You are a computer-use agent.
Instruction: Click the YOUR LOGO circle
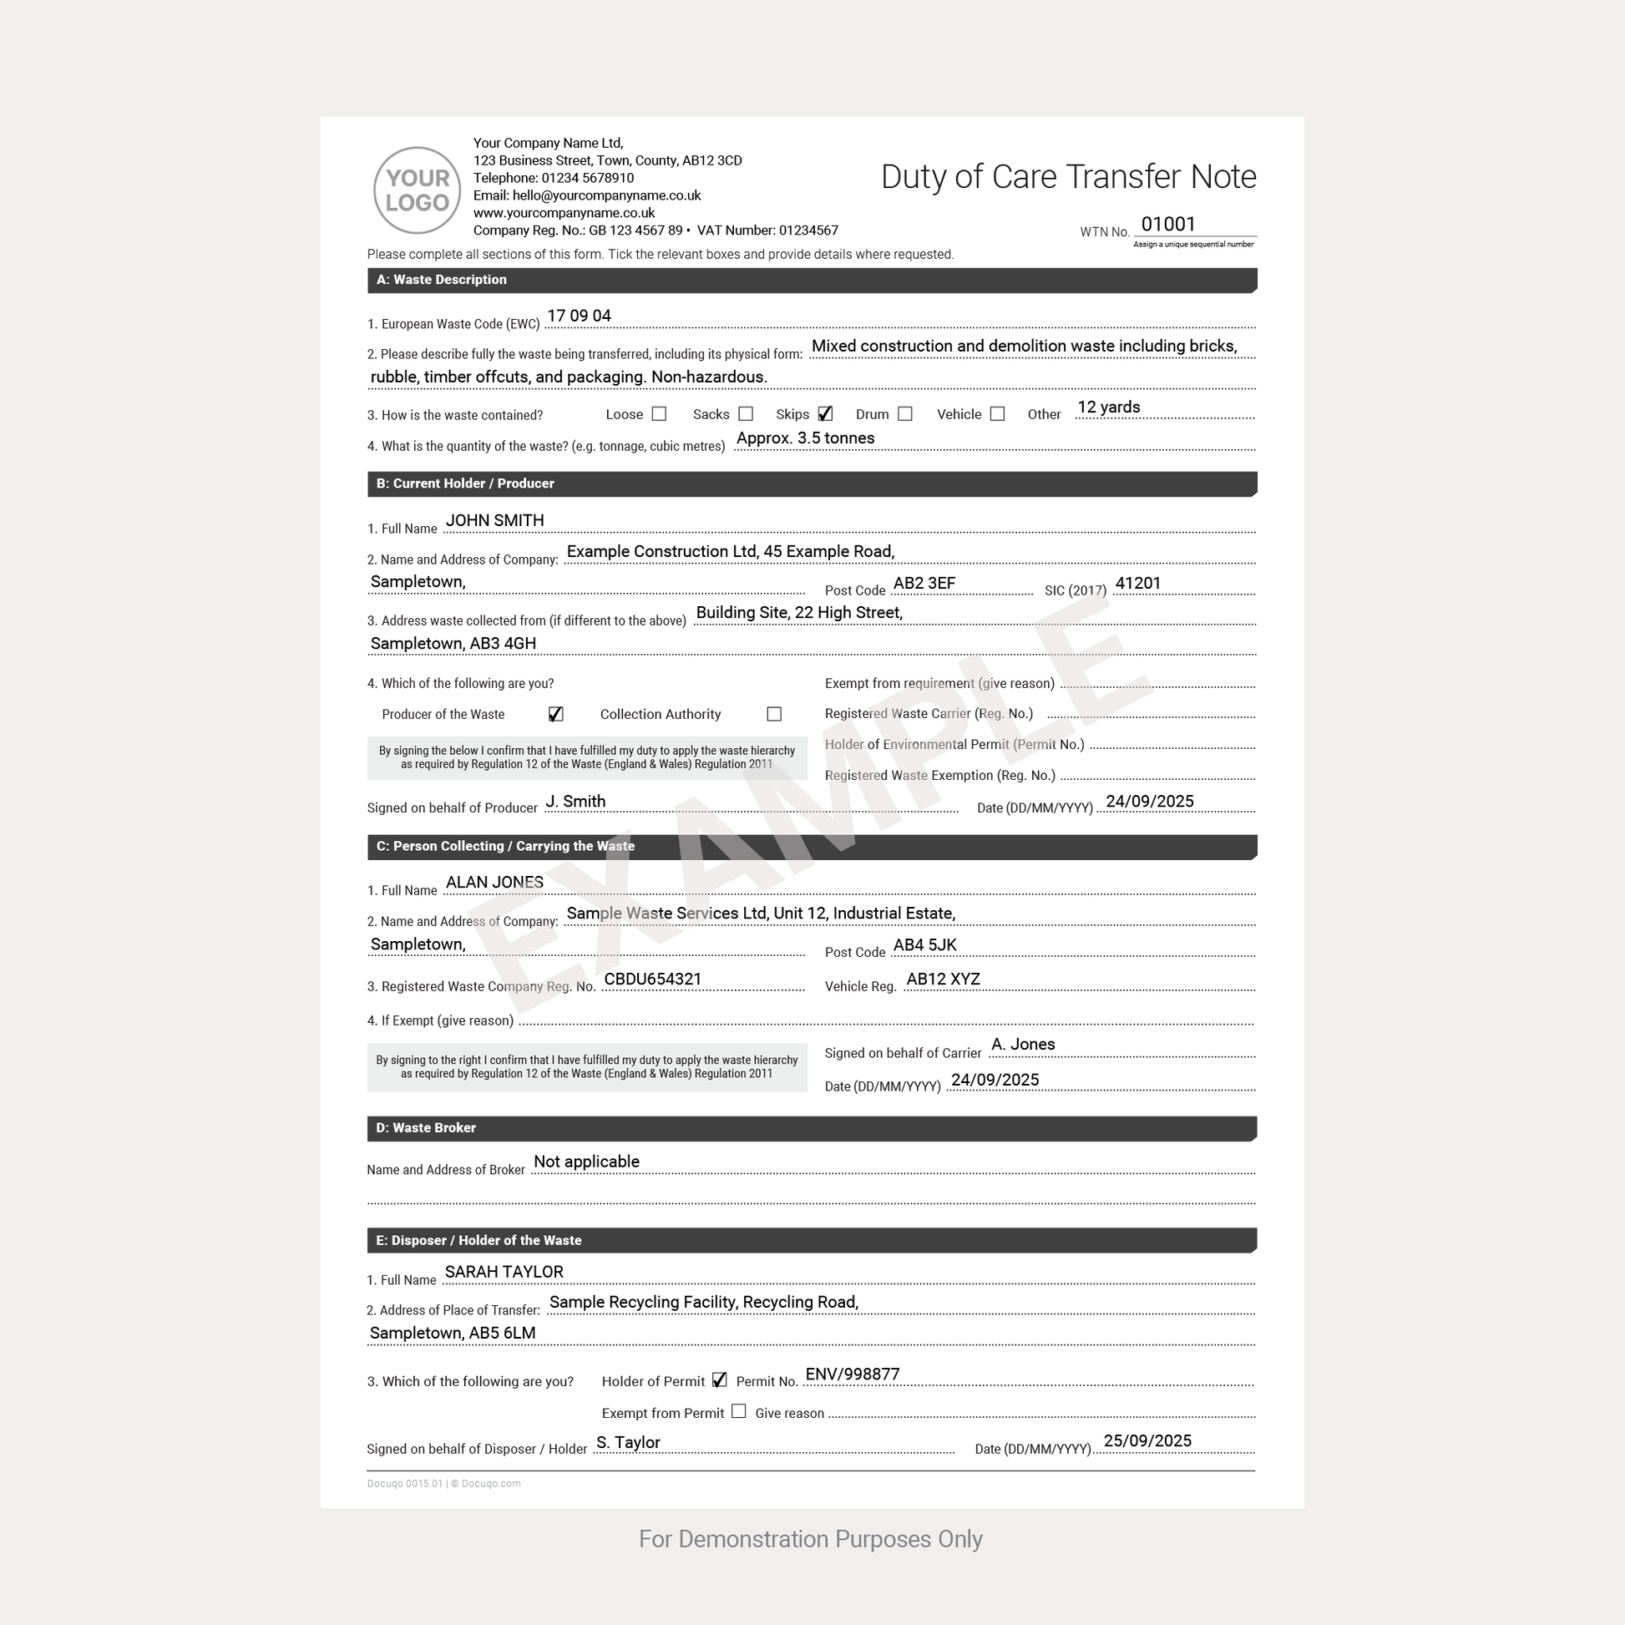[x=417, y=190]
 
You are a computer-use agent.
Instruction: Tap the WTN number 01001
[x=1167, y=224]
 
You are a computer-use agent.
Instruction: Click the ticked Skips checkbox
[x=824, y=414]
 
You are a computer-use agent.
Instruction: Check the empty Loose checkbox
[x=659, y=414]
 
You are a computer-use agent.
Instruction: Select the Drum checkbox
[x=904, y=414]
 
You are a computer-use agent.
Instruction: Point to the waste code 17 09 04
[x=579, y=316]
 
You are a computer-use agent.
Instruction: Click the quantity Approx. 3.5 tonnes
[x=805, y=438]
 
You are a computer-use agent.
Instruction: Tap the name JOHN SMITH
[x=494, y=520]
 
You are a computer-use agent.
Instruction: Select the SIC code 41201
[x=1137, y=583]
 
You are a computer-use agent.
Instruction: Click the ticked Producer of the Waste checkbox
[x=555, y=714]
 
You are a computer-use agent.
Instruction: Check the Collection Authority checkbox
[x=774, y=714]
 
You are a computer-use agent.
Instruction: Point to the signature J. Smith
[x=575, y=802]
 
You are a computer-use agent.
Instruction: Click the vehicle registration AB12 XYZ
[x=943, y=979]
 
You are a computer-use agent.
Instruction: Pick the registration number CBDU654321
[x=653, y=979]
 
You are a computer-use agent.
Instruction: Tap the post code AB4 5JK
[x=924, y=945]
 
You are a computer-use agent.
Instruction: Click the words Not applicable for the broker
[x=586, y=1162]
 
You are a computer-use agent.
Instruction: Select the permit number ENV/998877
[x=852, y=1374]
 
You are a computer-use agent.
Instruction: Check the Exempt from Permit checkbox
[x=738, y=1411]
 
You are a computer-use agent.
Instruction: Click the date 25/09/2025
[x=1147, y=1440]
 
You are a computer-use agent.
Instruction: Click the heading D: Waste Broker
[x=426, y=1128]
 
